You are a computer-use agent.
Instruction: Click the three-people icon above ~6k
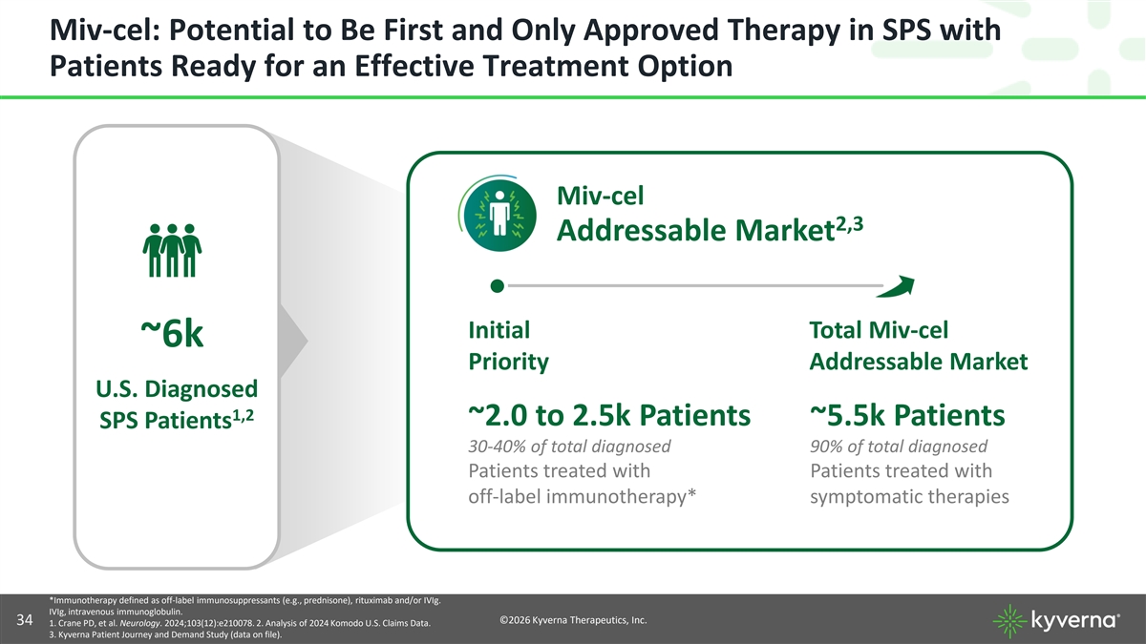pyautogui.click(x=172, y=250)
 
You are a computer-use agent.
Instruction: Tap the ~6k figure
pyautogui.click(x=172, y=334)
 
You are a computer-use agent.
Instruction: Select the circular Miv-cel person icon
pyautogui.click(x=499, y=215)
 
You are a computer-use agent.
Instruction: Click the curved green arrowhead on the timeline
pyautogui.click(x=897, y=286)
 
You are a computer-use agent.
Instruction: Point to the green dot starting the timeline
pyautogui.click(x=497, y=285)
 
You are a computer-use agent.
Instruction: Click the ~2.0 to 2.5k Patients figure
pyautogui.click(x=609, y=414)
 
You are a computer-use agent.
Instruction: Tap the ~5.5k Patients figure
pyautogui.click(x=907, y=414)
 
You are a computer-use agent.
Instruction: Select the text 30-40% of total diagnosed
pyautogui.click(x=569, y=447)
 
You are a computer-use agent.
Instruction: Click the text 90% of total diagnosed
pyautogui.click(x=899, y=447)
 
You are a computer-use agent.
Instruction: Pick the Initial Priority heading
pyautogui.click(x=508, y=345)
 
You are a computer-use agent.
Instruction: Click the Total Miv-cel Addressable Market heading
pyautogui.click(x=919, y=345)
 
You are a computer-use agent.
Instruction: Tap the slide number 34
pyautogui.click(x=25, y=620)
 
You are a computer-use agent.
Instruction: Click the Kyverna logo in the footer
pyautogui.click(x=1056, y=620)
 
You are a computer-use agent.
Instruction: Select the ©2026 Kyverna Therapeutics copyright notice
pyautogui.click(x=573, y=620)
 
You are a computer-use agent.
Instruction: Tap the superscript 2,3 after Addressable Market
pyautogui.click(x=849, y=224)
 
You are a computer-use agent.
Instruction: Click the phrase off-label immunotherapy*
pyautogui.click(x=583, y=496)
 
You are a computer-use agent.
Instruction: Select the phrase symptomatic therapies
pyautogui.click(x=909, y=496)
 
